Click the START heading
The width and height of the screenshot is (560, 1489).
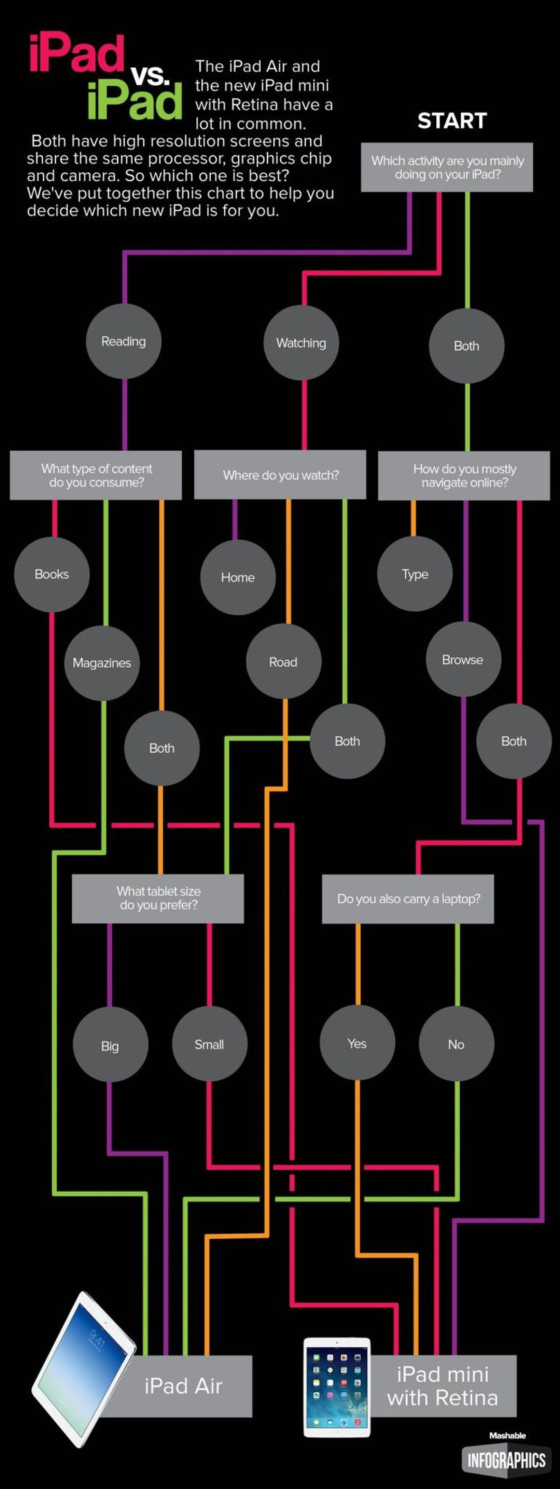pos(452,121)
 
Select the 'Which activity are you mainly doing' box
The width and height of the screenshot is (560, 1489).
pos(447,167)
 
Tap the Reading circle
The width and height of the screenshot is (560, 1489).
pos(124,341)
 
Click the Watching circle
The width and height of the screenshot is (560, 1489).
pos(301,343)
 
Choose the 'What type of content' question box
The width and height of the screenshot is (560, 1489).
pos(96,476)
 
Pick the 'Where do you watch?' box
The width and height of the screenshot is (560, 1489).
pos(280,475)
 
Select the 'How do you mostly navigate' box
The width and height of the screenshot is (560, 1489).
pos(464,476)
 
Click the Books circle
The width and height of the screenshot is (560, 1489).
pos(52,574)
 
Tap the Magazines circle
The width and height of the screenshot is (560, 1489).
pos(102,663)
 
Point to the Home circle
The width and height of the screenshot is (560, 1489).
pos(238,577)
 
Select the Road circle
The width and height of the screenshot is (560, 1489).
pos(283,662)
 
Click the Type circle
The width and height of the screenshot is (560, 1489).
pos(415,574)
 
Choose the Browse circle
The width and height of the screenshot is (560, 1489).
pos(463,659)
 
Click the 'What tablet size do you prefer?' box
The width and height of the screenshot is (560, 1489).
pos(158,899)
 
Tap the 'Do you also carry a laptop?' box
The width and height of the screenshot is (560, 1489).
pos(409,899)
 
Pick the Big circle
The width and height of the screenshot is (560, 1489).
pos(111,1045)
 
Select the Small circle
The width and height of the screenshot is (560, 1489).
pos(209,1044)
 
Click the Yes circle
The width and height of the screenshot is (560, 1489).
pos(357,1043)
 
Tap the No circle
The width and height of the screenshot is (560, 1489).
pos(457,1044)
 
